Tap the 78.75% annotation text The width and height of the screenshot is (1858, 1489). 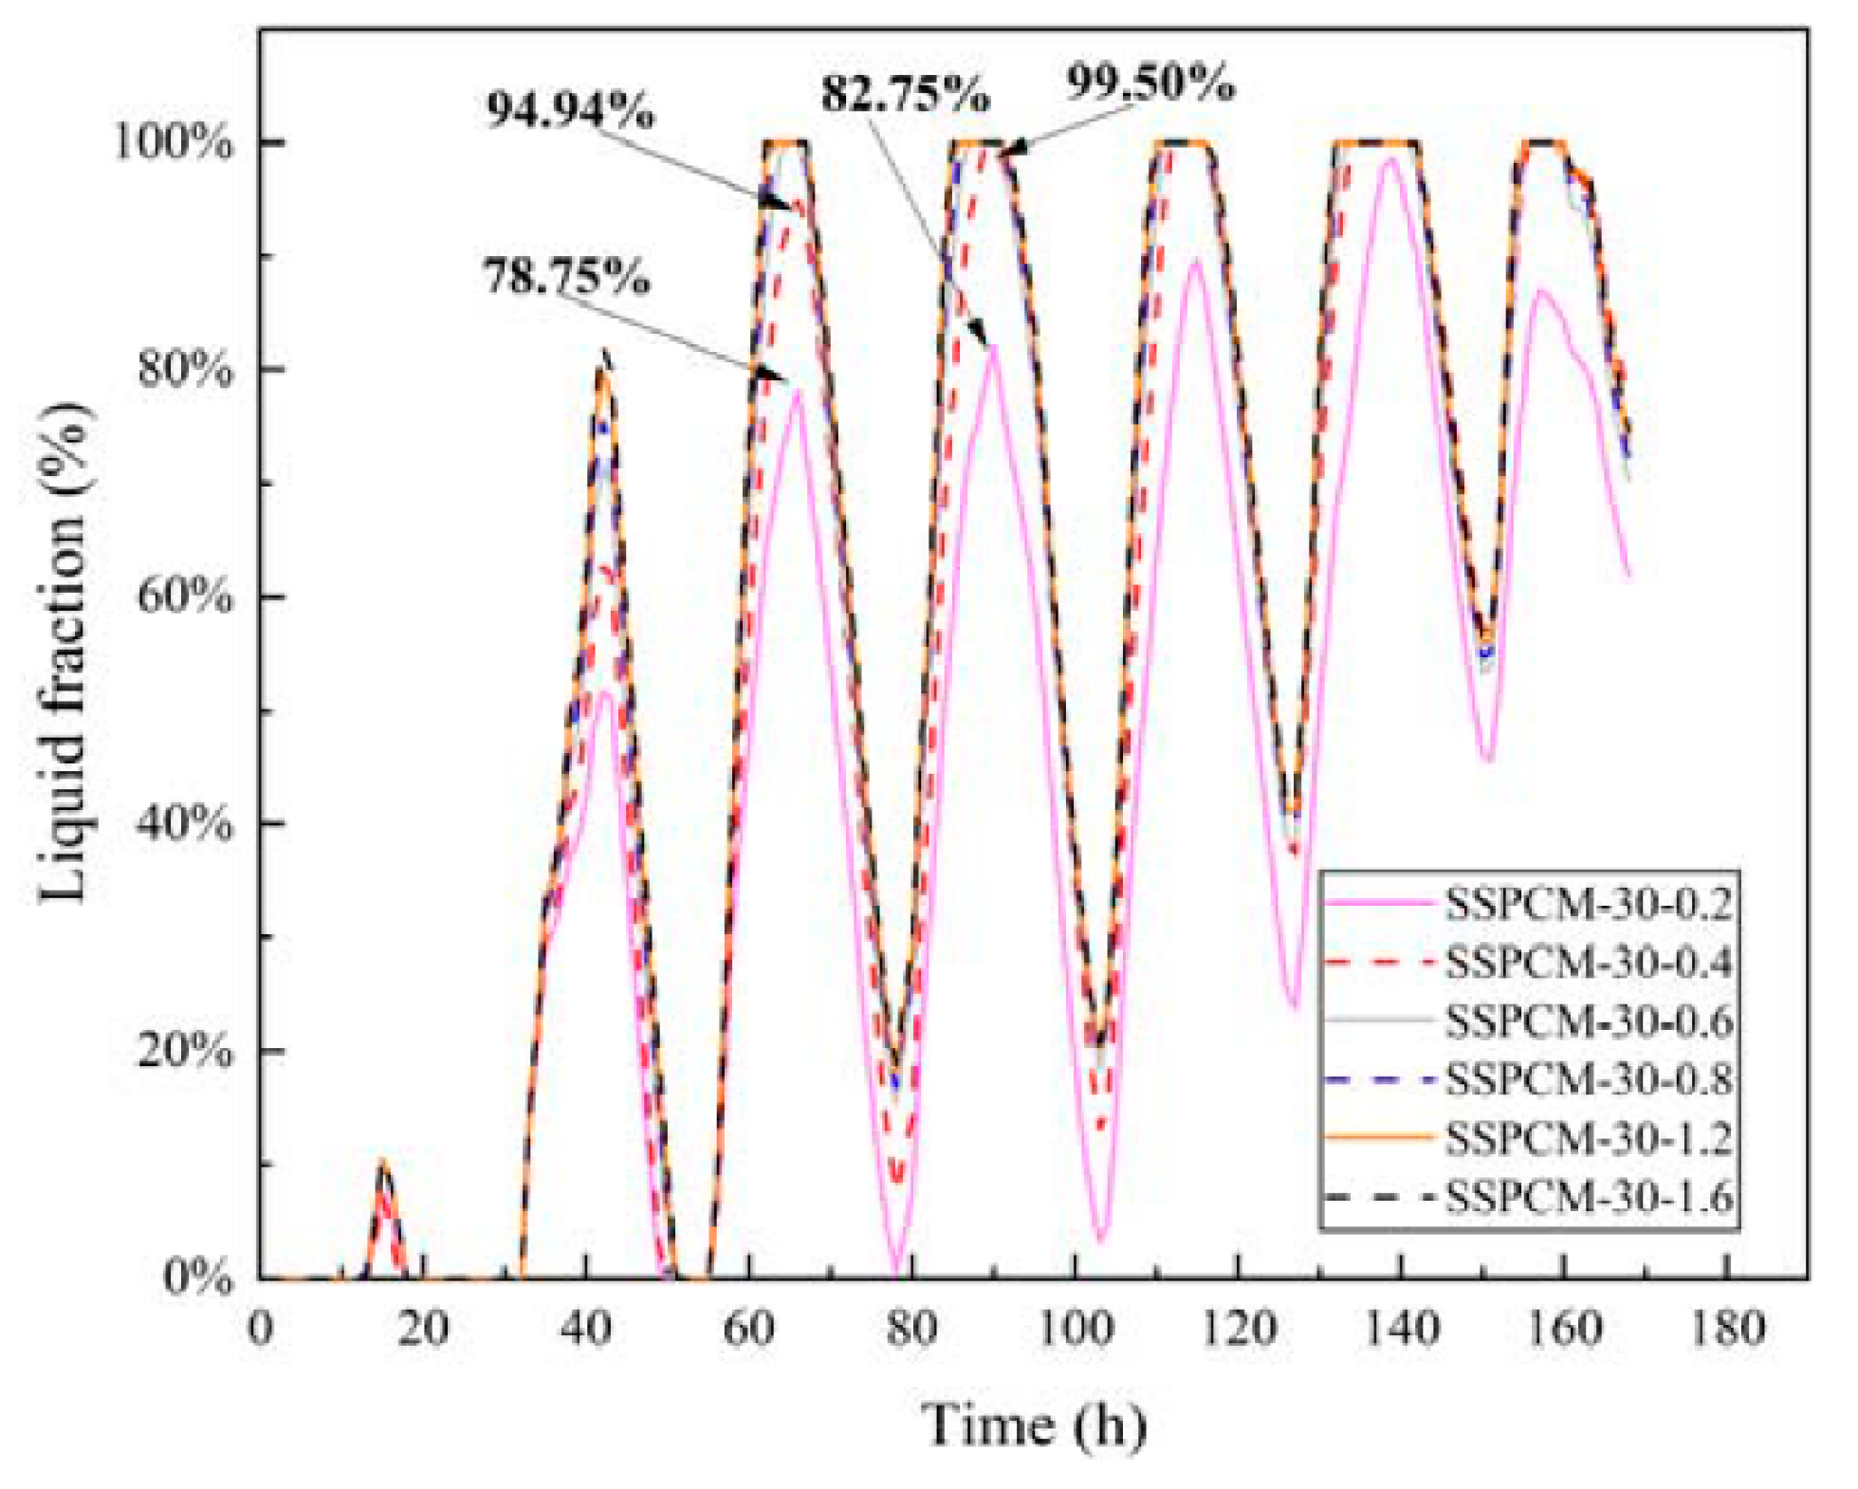tap(566, 278)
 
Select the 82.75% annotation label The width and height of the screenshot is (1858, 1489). tap(905, 94)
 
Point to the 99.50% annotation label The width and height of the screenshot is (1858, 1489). tap(1150, 83)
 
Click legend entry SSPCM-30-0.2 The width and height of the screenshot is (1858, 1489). tap(1588, 905)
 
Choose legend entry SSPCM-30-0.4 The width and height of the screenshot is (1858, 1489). tap(1588, 963)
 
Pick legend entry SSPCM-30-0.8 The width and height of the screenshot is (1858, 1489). tap(1588, 1080)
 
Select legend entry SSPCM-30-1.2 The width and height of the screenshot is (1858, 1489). tap(1588, 1138)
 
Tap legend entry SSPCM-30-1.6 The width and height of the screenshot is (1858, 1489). tap(1588, 1197)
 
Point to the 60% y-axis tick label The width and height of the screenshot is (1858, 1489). tap(184, 597)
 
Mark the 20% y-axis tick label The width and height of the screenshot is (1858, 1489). tap(184, 1051)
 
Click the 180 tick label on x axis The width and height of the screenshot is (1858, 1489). tap(1727, 1329)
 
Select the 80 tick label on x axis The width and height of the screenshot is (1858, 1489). tap(911, 1329)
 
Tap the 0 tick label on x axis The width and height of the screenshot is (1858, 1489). tap(260, 1329)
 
